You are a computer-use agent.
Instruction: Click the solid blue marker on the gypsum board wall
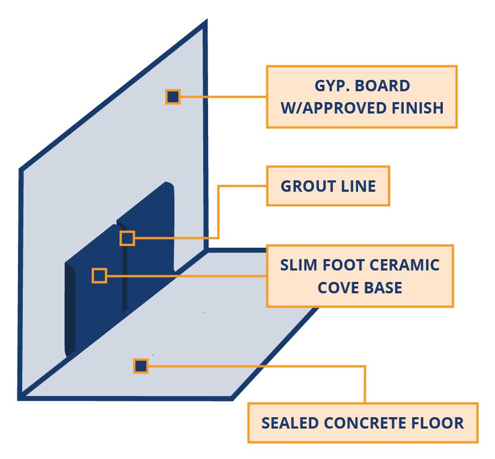173,97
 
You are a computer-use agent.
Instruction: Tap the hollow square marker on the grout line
127,238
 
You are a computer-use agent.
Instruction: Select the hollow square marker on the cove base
99,275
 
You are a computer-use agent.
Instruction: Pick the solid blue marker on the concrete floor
141,366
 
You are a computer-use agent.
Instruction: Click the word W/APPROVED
334,108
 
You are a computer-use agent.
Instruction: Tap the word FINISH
418,108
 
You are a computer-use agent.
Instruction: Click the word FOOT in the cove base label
343,266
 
